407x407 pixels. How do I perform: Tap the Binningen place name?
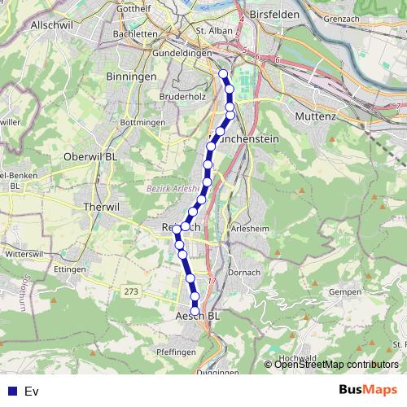coord(131,76)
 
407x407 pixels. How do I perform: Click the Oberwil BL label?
coord(90,157)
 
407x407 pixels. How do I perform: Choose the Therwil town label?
coord(102,207)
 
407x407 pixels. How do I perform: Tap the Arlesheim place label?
coord(252,229)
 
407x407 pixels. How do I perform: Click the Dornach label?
coord(245,273)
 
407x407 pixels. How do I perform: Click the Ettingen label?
coord(71,269)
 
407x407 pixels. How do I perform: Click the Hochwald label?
coord(297,358)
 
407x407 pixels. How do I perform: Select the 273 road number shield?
coord(130,291)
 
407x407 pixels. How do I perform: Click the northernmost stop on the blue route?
coord(223,74)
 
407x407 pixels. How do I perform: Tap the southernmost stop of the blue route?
coord(195,309)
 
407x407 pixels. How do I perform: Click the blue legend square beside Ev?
coord(12,392)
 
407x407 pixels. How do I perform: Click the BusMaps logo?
coord(368,391)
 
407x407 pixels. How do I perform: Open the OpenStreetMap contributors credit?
coord(336,365)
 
